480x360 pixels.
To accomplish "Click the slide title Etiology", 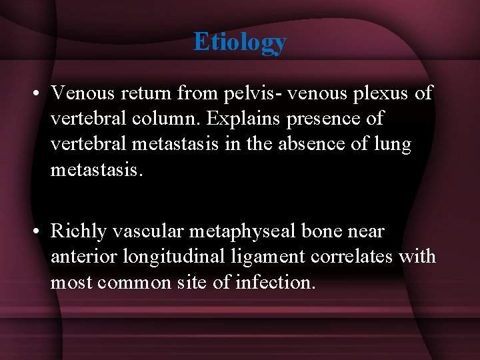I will (240, 41).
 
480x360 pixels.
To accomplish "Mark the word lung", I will (393, 145).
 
